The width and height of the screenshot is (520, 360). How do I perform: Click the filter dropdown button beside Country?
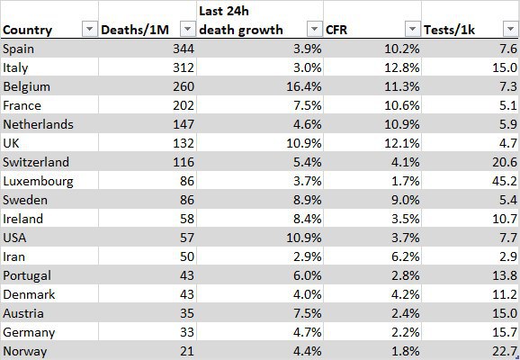click(x=89, y=30)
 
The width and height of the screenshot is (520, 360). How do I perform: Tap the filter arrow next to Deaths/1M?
click(x=188, y=30)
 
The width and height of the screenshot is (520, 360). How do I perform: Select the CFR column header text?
click(x=336, y=30)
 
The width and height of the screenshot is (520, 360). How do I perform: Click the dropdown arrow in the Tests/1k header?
click(x=510, y=30)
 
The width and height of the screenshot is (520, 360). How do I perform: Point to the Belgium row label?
click(x=26, y=87)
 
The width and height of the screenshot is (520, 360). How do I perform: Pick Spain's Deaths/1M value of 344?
click(x=184, y=49)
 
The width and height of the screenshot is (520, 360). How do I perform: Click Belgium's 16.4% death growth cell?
click(x=304, y=86)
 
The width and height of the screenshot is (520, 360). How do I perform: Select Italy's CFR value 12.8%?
click(x=402, y=67)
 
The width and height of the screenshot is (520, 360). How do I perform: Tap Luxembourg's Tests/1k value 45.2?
click(x=505, y=181)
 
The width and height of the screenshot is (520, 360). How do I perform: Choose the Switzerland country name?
click(x=36, y=162)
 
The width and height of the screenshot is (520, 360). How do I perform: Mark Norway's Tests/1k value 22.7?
click(x=505, y=351)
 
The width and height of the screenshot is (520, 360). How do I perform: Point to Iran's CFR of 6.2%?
click(x=405, y=256)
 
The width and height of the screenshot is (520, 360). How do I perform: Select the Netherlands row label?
click(x=38, y=124)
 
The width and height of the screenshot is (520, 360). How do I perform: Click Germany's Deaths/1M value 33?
click(x=187, y=332)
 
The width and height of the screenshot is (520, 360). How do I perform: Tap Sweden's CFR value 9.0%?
click(x=405, y=200)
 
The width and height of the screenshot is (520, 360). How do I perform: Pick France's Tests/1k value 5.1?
click(x=507, y=105)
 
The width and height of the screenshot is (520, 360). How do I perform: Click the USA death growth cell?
click(x=304, y=238)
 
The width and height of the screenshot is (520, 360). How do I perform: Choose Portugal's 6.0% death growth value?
click(x=307, y=275)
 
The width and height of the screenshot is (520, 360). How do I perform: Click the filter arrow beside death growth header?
click(x=314, y=30)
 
